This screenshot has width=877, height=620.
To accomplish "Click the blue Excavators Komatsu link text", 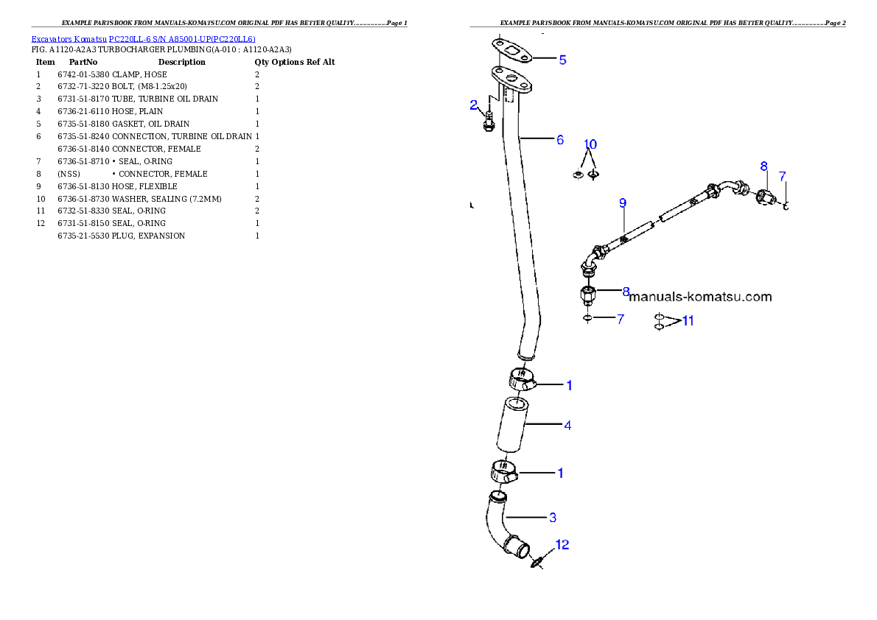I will pos(143,40).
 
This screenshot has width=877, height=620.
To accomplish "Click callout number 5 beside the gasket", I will pos(562,60).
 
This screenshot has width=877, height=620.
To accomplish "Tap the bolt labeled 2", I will pos(487,121).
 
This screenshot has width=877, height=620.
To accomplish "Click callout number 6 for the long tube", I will pos(560,139).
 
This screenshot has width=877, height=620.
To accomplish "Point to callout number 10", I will pos(590,144).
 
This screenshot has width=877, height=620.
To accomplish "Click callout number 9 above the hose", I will pos(623,202).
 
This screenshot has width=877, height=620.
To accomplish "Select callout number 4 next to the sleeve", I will pos(567,425).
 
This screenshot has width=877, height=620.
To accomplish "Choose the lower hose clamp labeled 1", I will pos(504,471).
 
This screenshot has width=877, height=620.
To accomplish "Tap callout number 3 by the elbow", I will pos(553,518).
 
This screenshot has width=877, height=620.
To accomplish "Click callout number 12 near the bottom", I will pos(562,545).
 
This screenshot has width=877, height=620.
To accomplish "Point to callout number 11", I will pos(688,320).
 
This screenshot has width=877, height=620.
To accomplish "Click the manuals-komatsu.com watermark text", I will pos(700,297).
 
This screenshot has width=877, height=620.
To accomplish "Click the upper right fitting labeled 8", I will pos(765,195).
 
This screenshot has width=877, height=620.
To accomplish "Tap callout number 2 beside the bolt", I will pos(474,105).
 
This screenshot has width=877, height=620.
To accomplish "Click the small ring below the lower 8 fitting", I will pos(587,319).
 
